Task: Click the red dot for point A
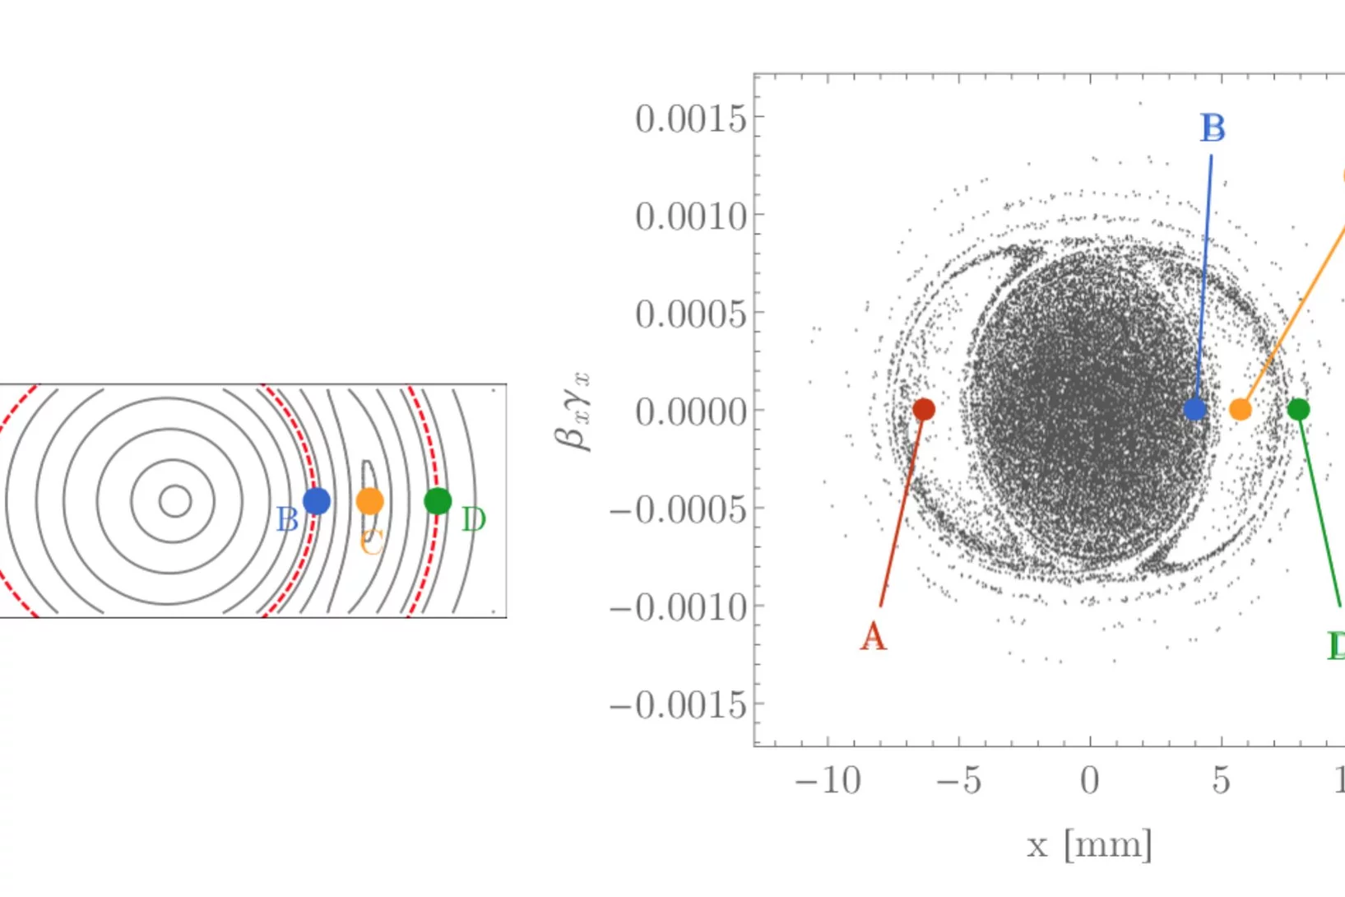click(924, 409)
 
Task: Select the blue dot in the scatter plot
click(1194, 408)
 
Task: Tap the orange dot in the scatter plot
click(1241, 409)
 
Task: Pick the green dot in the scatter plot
click(1298, 409)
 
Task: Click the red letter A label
click(874, 636)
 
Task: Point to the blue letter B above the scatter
click(1213, 128)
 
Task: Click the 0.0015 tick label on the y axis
click(690, 119)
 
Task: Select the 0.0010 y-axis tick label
click(690, 217)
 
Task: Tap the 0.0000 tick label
click(690, 411)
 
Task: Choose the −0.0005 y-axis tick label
click(678, 510)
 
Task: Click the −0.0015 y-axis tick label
click(678, 706)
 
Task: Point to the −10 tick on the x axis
click(828, 780)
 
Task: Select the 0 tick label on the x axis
click(1089, 780)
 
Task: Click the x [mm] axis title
click(1089, 845)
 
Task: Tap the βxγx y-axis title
click(573, 411)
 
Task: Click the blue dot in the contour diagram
click(317, 501)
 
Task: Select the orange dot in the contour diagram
click(370, 501)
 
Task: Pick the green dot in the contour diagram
click(438, 500)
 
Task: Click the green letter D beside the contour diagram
click(474, 520)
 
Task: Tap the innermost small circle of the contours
click(174, 500)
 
